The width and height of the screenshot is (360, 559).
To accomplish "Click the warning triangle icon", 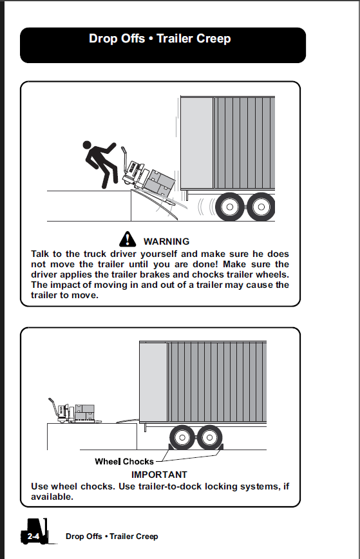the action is (x=128, y=239).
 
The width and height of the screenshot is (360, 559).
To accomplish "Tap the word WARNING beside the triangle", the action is (x=166, y=242).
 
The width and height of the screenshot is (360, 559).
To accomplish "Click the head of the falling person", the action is (x=87, y=144).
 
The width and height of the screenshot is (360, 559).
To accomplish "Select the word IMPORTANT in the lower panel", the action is (x=159, y=475).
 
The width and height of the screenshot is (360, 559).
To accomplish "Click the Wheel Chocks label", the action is (x=124, y=461).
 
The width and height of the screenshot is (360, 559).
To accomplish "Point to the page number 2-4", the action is (x=33, y=536).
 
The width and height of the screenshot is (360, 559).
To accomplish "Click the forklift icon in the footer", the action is (x=35, y=531).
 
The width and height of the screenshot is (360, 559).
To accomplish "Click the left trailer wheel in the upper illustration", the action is (x=230, y=207).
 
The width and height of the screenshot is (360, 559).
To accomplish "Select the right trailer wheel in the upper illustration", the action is (x=261, y=207).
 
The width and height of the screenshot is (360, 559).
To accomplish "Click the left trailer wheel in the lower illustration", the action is (x=182, y=437).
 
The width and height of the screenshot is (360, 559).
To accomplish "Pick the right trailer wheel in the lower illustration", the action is (x=209, y=437).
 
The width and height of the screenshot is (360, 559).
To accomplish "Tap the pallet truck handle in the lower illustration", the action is (x=53, y=406).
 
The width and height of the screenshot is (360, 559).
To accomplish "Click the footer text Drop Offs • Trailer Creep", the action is (x=112, y=536).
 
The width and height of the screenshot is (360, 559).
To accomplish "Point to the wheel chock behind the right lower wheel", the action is (x=220, y=447).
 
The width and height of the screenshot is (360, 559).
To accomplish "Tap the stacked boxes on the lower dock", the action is (x=85, y=412).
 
